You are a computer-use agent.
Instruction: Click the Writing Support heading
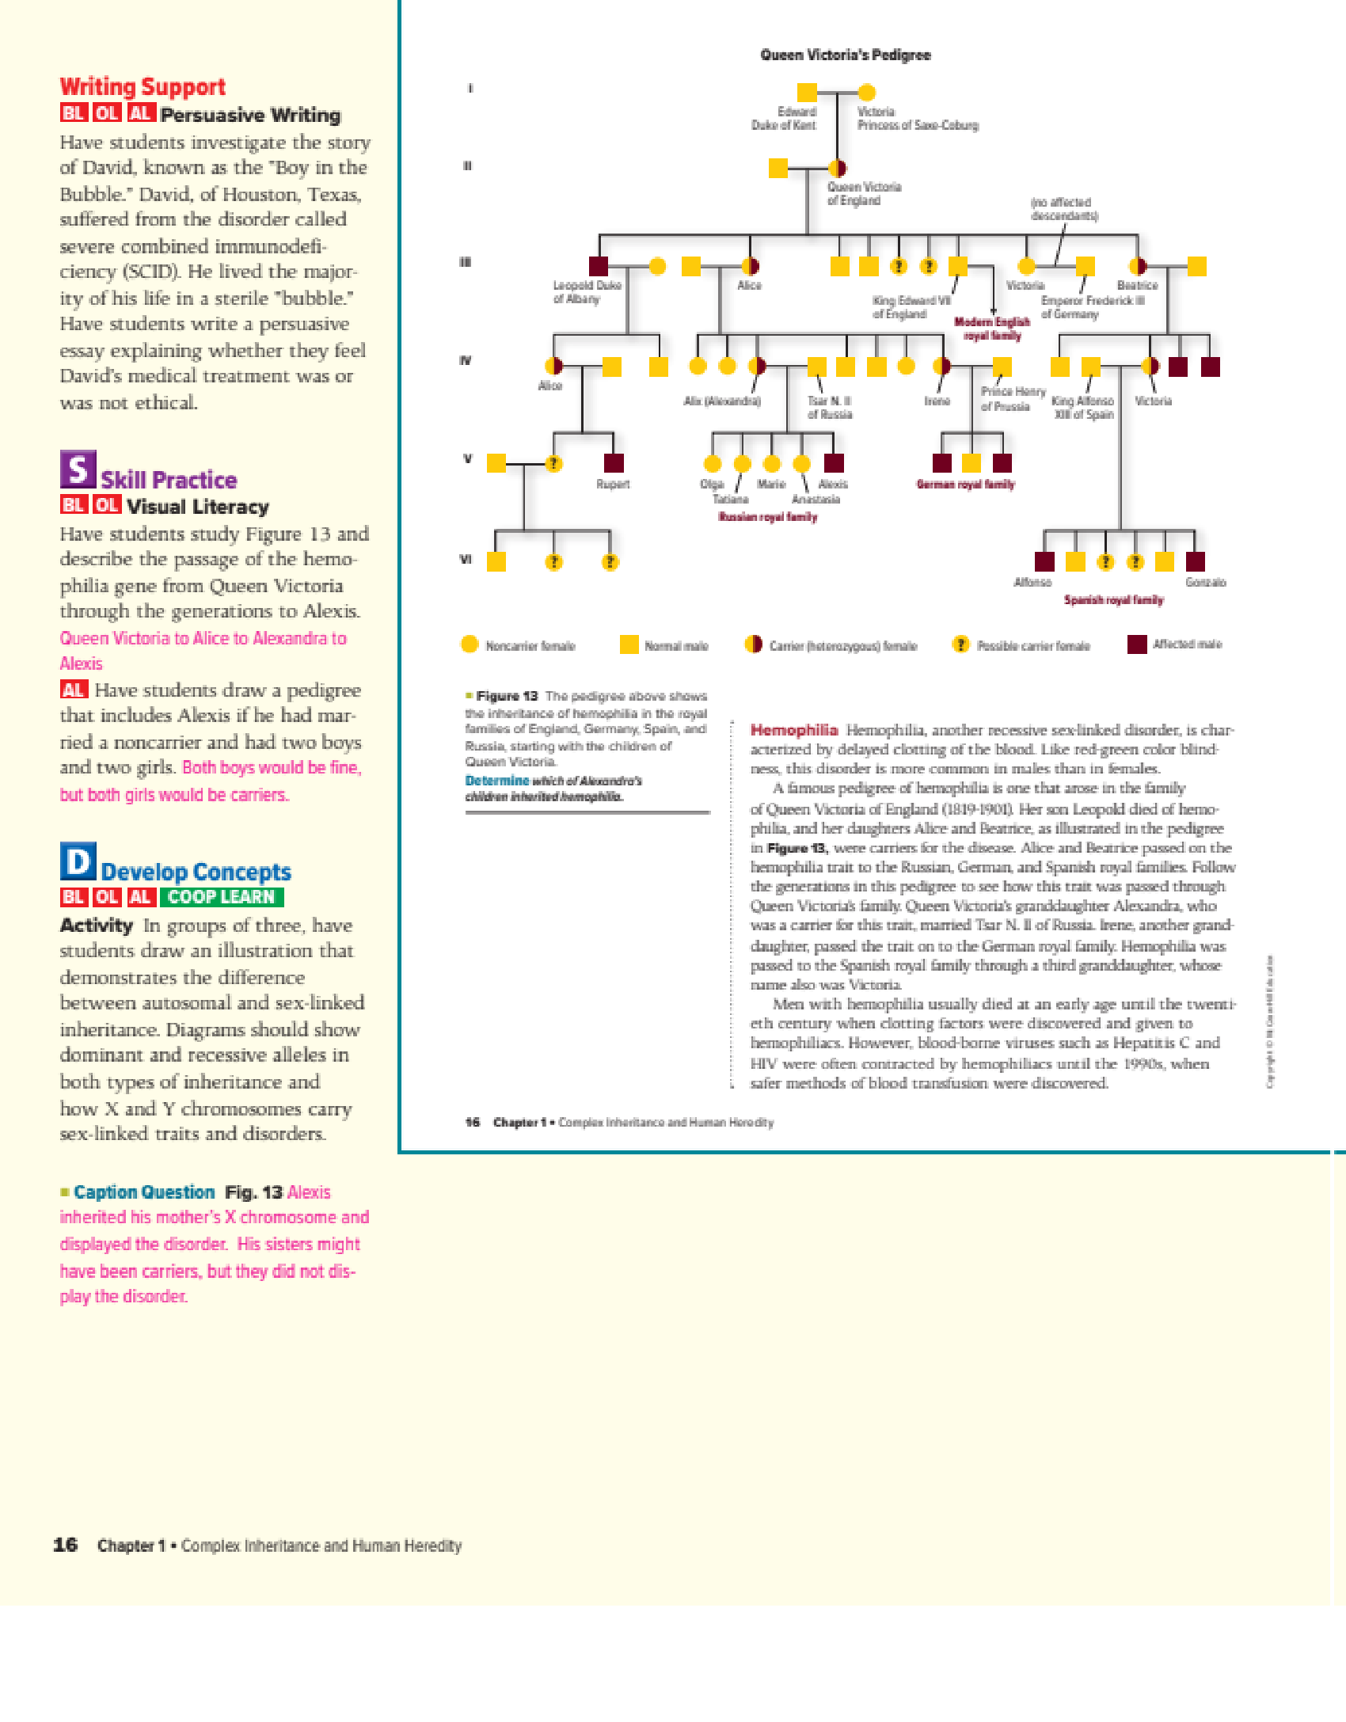143,86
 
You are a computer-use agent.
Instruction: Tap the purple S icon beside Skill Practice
78,469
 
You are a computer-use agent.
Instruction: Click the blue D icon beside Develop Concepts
78,861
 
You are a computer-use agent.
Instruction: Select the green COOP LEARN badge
221,897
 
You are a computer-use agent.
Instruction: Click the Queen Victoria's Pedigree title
845,55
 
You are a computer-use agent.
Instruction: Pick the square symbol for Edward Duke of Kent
806,93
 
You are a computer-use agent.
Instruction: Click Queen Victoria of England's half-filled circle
837,168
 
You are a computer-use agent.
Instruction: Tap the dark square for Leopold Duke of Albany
599,266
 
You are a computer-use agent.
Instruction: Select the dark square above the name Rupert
614,463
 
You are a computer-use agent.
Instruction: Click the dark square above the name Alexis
834,463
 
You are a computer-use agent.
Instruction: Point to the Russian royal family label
767,517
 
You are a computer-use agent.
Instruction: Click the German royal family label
965,485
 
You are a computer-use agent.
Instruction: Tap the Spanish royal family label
1113,600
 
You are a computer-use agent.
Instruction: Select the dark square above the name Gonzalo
1195,561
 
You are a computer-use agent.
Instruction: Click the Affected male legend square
1137,644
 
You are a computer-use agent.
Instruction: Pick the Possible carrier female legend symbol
960,644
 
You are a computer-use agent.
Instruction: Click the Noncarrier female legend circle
470,644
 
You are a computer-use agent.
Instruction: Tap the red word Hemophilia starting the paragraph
793,730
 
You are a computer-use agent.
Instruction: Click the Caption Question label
144,1192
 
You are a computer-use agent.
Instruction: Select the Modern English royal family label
992,329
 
